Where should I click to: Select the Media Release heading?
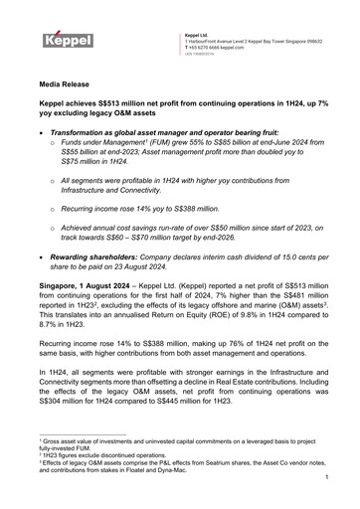(68, 88)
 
